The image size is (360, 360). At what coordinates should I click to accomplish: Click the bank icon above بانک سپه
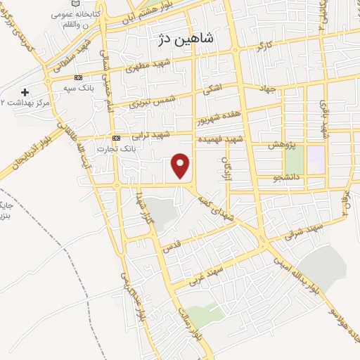pos(78,78)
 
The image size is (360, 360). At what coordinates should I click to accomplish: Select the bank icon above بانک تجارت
pos(117,138)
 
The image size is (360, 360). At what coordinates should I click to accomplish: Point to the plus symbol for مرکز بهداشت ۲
pos(25,92)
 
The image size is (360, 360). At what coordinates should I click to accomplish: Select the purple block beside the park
pos(316,158)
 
